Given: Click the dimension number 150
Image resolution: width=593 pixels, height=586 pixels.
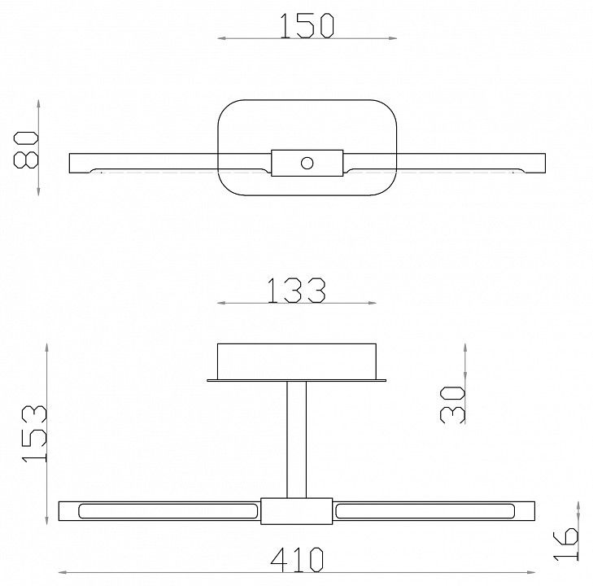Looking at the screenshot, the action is click(x=307, y=26).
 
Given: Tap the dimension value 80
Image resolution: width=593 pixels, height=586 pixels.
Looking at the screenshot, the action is click(x=26, y=150).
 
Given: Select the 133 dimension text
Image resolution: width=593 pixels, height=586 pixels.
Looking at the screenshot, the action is click(x=296, y=291).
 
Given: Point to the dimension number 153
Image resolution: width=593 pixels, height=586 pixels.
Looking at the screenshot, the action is click(x=34, y=434).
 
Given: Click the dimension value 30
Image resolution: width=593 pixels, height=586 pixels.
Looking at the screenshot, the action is click(x=452, y=405).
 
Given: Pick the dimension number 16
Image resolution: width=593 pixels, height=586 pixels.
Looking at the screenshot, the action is click(x=565, y=544).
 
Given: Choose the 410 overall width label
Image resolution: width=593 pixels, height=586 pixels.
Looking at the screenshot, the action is click(x=297, y=559).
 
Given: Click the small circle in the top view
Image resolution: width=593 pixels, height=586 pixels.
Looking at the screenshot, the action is click(x=307, y=163).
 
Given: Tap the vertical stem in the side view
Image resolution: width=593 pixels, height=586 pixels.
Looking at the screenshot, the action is click(x=296, y=439).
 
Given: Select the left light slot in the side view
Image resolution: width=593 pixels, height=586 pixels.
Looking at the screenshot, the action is click(x=168, y=511).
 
